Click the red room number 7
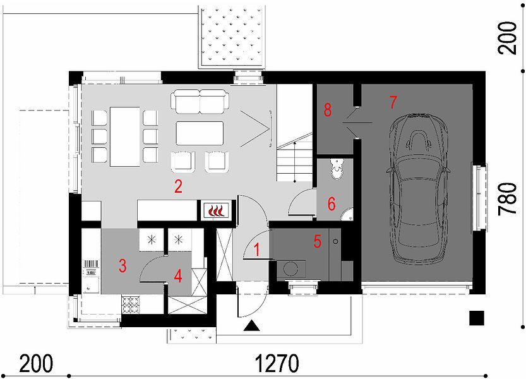pyautogui.click(x=393, y=102)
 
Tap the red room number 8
pyautogui.click(x=328, y=109)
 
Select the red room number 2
pyautogui.click(x=178, y=186)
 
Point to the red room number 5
pyautogui.click(x=318, y=241)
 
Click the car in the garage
pyautogui.click(x=419, y=188)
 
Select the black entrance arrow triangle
pyautogui.click(x=251, y=326)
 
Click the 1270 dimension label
pyautogui.click(x=277, y=363)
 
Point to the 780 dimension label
pyautogui.click(x=507, y=199)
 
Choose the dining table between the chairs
pyautogui.click(x=125, y=136)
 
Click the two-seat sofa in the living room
pyautogui.click(x=200, y=102)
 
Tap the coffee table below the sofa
pyautogui.click(x=200, y=133)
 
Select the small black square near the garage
pyautogui.click(x=476, y=318)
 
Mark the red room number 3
pyautogui.click(x=123, y=265)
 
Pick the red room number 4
pyautogui.click(x=178, y=276)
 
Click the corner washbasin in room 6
pyautogui.click(x=347, y=215)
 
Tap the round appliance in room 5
pyautogui.click(x=290, y=268)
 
